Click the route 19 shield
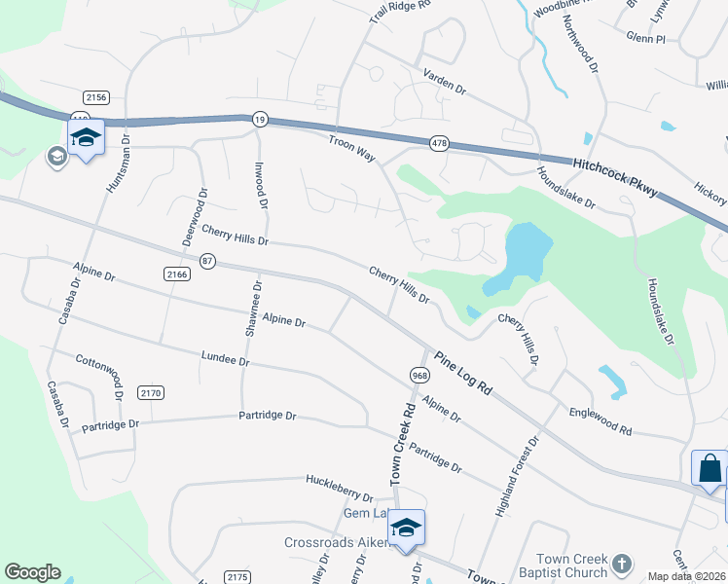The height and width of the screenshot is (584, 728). click(259, 119)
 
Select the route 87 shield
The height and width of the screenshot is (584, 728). click(207, 261)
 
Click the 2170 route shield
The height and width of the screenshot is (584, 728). click(151, 392)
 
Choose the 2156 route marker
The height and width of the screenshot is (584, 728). click(95, 96)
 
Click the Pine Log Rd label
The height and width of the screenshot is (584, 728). click(463, 372)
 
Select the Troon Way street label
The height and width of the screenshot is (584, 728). click(352, 148)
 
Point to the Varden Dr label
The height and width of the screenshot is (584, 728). click(444, 81)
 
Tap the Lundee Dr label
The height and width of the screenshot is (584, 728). click(225, 359)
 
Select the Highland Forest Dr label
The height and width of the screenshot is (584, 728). click(516, 474)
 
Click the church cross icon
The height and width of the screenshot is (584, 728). click(621, 563)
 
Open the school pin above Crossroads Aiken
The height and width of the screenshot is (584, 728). click(406, 528)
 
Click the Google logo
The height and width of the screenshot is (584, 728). click(33, 572)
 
